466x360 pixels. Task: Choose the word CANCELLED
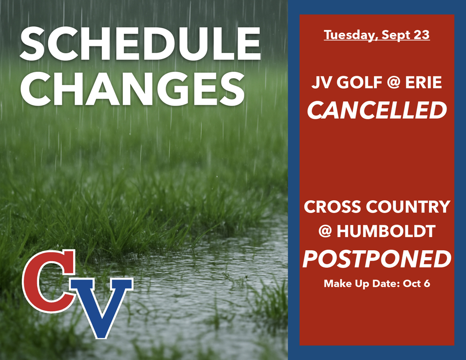coord(377,110)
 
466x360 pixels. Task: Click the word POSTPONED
coord(377,259)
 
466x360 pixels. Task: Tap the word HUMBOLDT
coord(386,232)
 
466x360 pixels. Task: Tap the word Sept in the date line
coord(396,35)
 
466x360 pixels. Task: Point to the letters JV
coord(320,83)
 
